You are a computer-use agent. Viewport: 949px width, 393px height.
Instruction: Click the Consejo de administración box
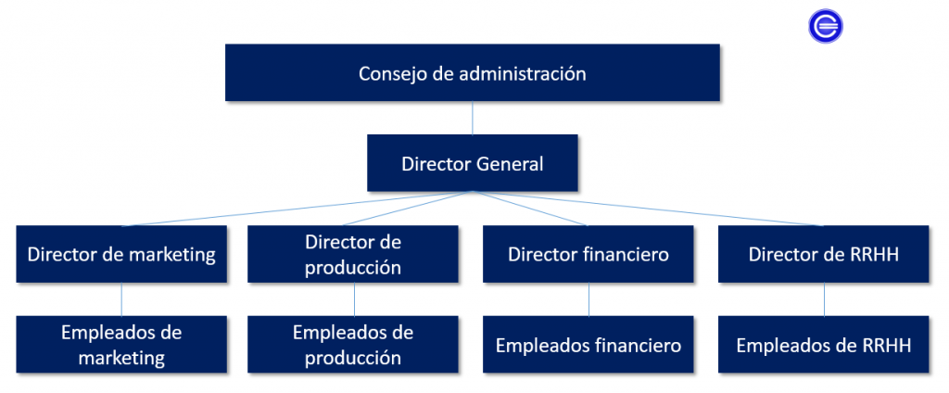473,73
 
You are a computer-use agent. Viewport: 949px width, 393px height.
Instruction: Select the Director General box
473,163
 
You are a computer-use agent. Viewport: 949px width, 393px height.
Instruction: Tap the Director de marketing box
121,254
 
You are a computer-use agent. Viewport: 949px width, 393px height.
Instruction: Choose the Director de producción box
353,254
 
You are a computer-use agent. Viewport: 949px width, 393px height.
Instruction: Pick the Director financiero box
588,254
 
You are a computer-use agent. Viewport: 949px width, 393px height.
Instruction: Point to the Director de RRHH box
824,254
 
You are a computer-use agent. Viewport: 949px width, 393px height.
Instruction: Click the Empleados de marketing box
121,344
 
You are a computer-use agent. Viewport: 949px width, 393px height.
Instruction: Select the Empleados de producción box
353,344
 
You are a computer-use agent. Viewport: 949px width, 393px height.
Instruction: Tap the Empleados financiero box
588,345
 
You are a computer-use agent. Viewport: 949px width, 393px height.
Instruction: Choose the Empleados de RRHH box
824,345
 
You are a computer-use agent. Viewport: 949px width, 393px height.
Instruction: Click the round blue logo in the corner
825,26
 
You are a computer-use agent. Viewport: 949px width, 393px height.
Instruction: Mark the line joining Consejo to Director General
473,118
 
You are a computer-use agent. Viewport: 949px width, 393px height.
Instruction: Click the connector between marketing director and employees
122,299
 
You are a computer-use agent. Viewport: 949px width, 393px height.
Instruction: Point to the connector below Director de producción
354,299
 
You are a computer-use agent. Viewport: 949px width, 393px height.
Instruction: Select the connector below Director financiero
589,299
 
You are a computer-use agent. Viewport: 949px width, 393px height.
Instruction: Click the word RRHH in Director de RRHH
875,254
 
